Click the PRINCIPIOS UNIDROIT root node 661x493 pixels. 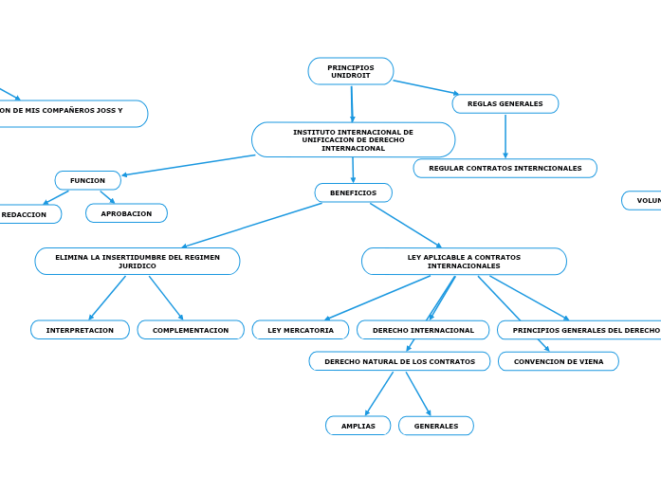tap(351, 71)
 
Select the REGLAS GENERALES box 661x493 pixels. tap(505, 103)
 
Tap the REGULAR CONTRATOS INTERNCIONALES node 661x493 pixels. tap(505, 168)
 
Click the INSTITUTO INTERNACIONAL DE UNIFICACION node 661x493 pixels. tap(353, 140)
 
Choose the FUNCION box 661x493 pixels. tap(87, 180)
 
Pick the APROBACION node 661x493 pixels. tap(126, 213)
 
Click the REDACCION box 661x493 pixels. tap(27, 214)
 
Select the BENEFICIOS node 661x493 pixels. tap(353, 192)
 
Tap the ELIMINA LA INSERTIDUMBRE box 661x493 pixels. tap(138, 261)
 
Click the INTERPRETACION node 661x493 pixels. tap(80, 330)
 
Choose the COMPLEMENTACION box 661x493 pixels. tap(191, 330)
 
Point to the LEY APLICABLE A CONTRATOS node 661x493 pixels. tap(464, 261)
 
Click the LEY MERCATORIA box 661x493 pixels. tap(301, 330)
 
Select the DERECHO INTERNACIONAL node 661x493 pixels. tap(423, 330)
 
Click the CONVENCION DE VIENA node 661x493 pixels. tap(558, 361)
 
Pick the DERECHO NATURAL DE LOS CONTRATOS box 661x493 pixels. tap(399, 361)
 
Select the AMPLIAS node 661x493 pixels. tap(358, 426)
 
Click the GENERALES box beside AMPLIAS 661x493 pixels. tap(435, 426)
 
